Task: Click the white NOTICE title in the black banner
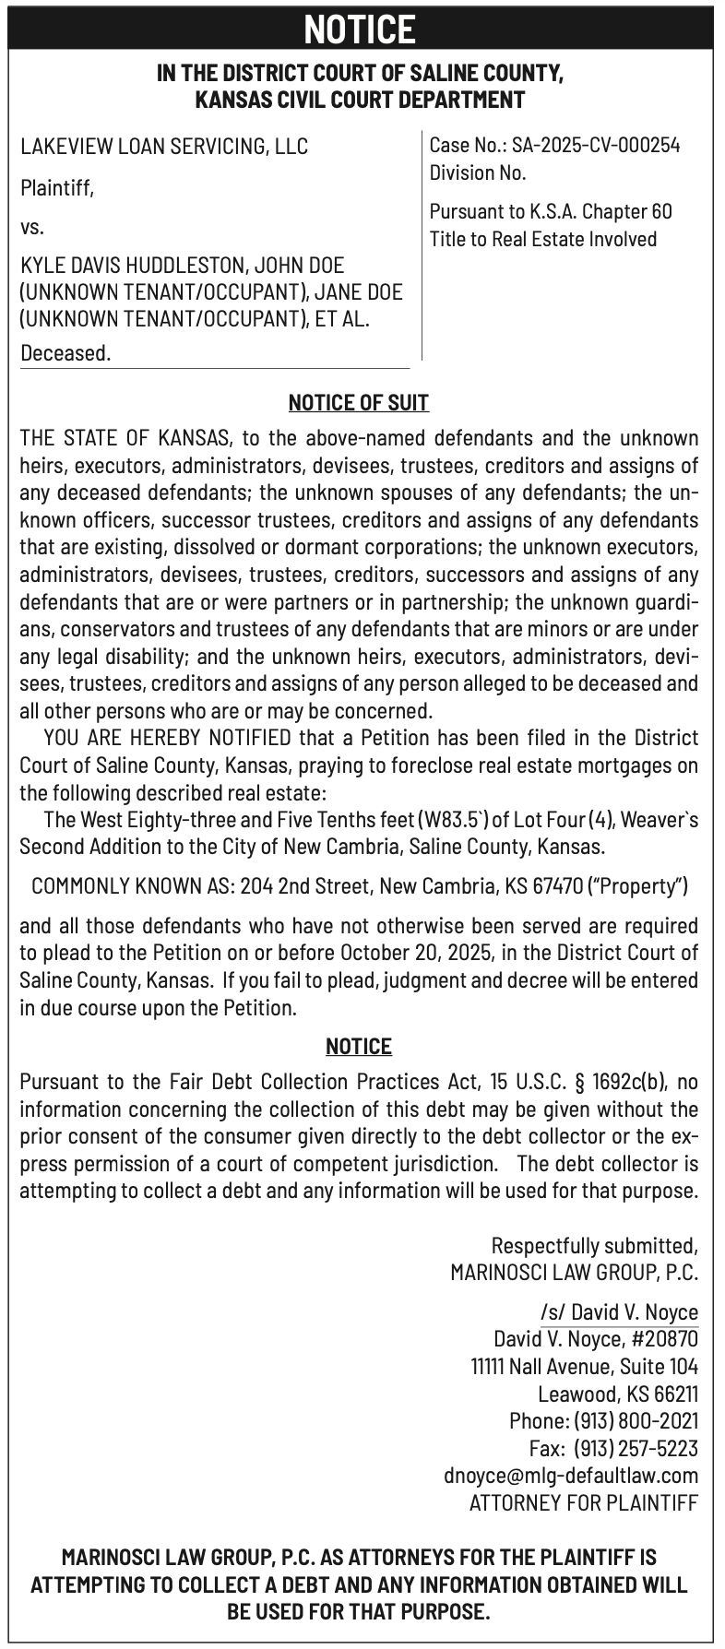361,30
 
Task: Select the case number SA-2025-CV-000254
596,145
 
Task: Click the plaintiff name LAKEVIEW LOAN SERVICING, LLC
164,147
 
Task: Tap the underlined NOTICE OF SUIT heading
359,403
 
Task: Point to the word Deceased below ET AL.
65,353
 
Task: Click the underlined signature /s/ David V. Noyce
619,1312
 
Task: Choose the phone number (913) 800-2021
636,1421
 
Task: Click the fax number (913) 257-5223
636,1448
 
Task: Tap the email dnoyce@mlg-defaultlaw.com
571,1476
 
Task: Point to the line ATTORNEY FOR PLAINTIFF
583,1503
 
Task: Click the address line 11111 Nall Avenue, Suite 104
584,1367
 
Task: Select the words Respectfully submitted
595,1247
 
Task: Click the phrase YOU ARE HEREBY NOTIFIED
167,738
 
